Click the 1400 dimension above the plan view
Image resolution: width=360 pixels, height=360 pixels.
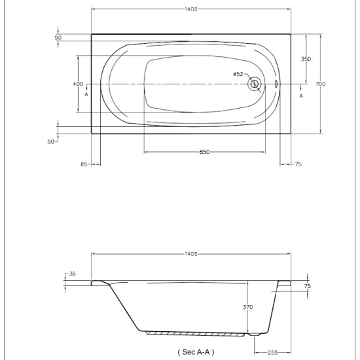191,9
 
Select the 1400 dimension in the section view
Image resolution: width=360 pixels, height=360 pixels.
191,254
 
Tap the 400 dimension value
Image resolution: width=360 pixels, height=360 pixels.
78,84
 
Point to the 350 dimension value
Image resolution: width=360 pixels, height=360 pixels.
306,59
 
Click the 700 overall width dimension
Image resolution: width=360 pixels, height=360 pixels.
320,84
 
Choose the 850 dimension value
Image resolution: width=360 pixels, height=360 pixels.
204,152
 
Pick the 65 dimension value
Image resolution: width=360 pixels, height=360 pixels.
84,164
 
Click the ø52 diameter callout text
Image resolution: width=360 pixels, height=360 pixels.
238,74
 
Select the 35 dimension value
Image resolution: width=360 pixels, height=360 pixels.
72,274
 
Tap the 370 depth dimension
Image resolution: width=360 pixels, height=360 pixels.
247,307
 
